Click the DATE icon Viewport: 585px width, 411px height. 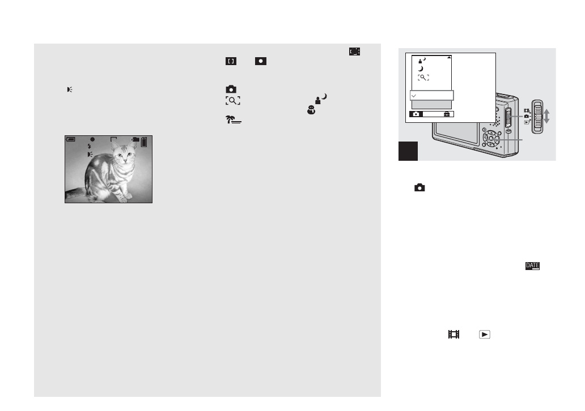pos(533,266)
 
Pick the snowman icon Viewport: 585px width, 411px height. pos(311,111)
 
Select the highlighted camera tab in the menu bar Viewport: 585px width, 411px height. pos(417,114)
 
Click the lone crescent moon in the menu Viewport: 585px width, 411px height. pos(421,70)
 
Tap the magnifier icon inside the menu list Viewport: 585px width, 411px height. pos(422,78)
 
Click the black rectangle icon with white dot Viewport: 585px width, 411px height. pos(261,61)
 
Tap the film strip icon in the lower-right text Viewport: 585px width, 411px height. pos(453,335)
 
